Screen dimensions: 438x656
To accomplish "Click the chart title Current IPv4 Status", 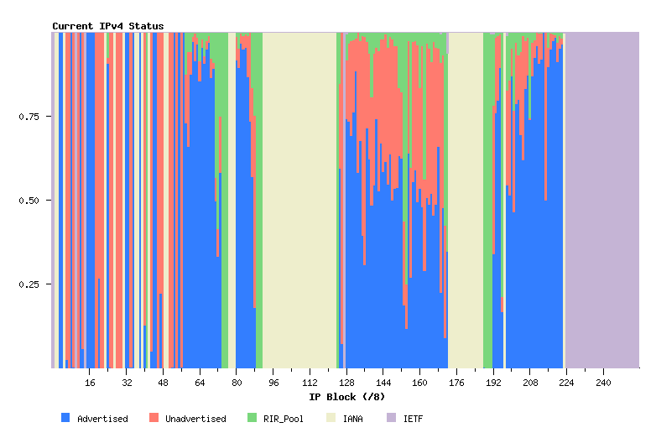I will click(x=108, y=26).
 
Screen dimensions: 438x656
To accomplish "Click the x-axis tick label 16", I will click(x=90, y=383).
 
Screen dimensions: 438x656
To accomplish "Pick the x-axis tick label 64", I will click(x=200, y=383).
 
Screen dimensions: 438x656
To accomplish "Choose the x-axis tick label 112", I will click(x=310, y=383).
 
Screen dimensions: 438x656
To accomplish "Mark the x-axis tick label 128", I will click(x=346, y=383).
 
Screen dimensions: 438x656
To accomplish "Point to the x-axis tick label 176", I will click(x=456, y=383).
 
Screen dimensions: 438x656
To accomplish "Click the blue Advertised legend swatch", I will click(x=65, y=417).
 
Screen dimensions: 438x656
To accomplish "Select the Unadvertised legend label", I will click(x=195, y=419).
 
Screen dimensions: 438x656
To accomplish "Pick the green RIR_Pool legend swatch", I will click(x=252, y=417).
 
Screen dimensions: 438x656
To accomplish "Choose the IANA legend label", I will click(x=352, y=419).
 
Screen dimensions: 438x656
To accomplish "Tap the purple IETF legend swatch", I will click(x=391, y=417).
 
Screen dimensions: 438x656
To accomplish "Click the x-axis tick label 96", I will click(x=273, y=383).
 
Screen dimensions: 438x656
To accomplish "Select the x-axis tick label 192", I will click(x=493, y=383).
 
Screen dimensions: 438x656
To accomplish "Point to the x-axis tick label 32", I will click(x=127, y=383).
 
